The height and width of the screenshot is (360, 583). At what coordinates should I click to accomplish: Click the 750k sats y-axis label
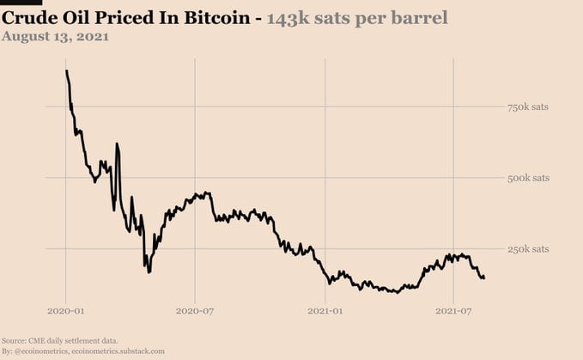(528, 107)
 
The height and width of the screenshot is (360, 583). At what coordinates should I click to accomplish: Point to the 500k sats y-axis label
(528, 178)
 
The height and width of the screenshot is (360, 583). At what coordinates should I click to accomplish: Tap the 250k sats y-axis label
(528, 249)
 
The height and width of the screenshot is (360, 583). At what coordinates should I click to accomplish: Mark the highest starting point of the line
(66, 70)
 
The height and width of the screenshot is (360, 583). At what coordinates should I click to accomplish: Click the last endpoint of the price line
(484, 278)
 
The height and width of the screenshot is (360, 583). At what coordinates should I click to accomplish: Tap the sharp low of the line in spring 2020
(149, 272)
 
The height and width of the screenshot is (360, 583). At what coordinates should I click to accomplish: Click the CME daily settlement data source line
(60, 341)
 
